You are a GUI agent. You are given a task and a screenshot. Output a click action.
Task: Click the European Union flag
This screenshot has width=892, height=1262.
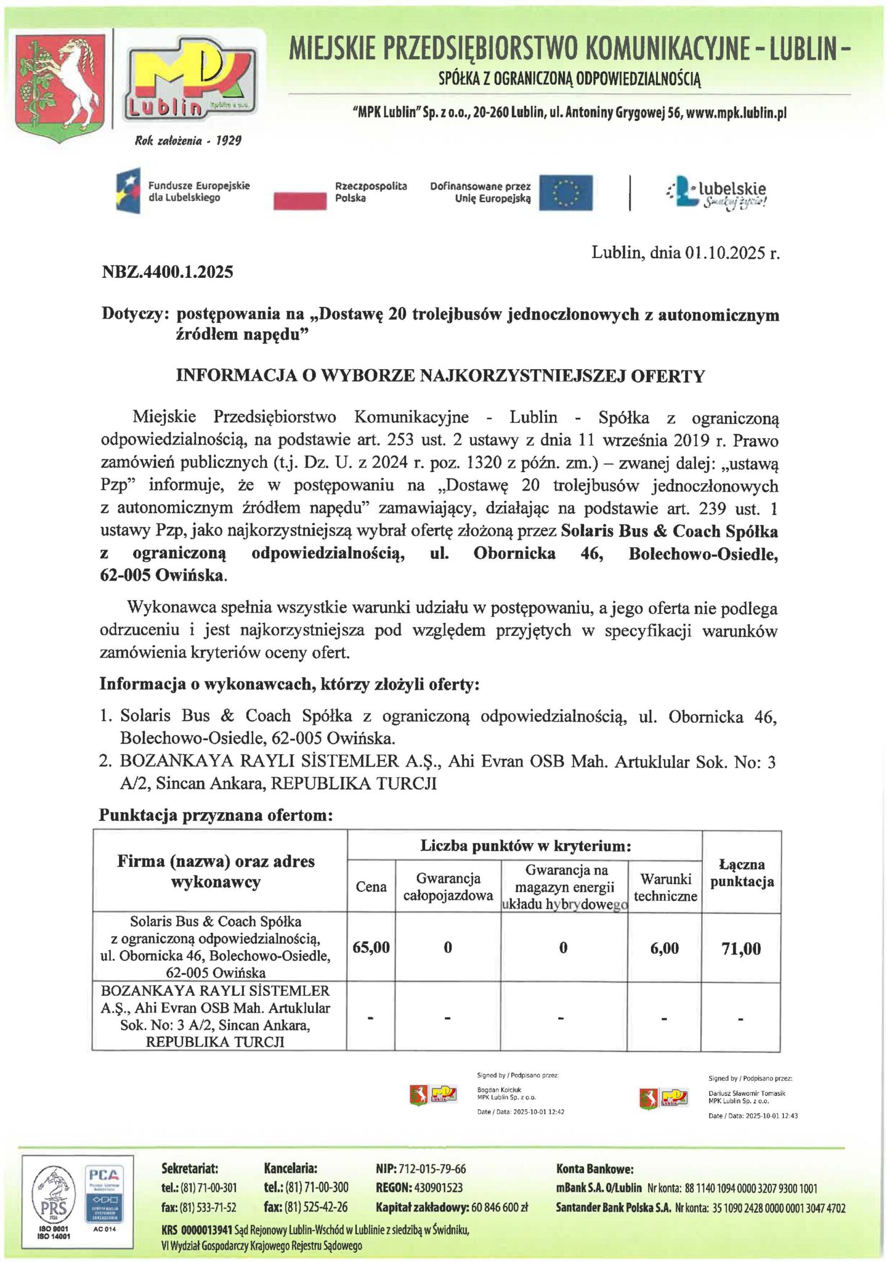click(x=566, y=193)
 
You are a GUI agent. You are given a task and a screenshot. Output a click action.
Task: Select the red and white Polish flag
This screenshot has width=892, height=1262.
click(x=299, y=193)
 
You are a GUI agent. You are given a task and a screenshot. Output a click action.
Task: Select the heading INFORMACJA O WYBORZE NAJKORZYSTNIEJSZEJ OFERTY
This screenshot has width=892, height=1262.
click(x=440, y=377)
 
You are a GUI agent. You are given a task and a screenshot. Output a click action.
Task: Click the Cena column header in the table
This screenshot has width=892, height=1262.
click(x=371, y=887)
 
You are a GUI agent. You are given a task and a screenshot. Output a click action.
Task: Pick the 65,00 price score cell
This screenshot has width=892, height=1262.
click(x=371, y=947)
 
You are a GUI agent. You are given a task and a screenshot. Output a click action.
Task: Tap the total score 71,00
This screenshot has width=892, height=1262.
click(x=741, y=948)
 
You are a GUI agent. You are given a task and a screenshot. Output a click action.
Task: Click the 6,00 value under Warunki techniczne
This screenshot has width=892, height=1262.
click(x=665, y=948)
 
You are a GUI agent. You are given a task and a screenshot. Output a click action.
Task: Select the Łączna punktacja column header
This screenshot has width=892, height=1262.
click(x=742, y=873)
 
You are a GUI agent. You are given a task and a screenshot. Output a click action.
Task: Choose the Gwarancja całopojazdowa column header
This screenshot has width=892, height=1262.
click(x=448, y=887)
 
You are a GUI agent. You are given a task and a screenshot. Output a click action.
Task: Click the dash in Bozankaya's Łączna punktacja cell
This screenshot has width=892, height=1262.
click(x=741, y=1020)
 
